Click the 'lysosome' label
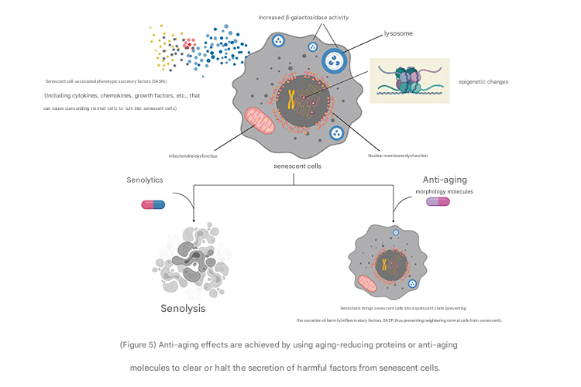pos(399,34)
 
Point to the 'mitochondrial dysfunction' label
pos(193,156)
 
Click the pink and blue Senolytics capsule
pos(153,204)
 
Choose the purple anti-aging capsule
pos(438,202)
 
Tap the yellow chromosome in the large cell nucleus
pos(293,99)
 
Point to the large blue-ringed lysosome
pos(335,61)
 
